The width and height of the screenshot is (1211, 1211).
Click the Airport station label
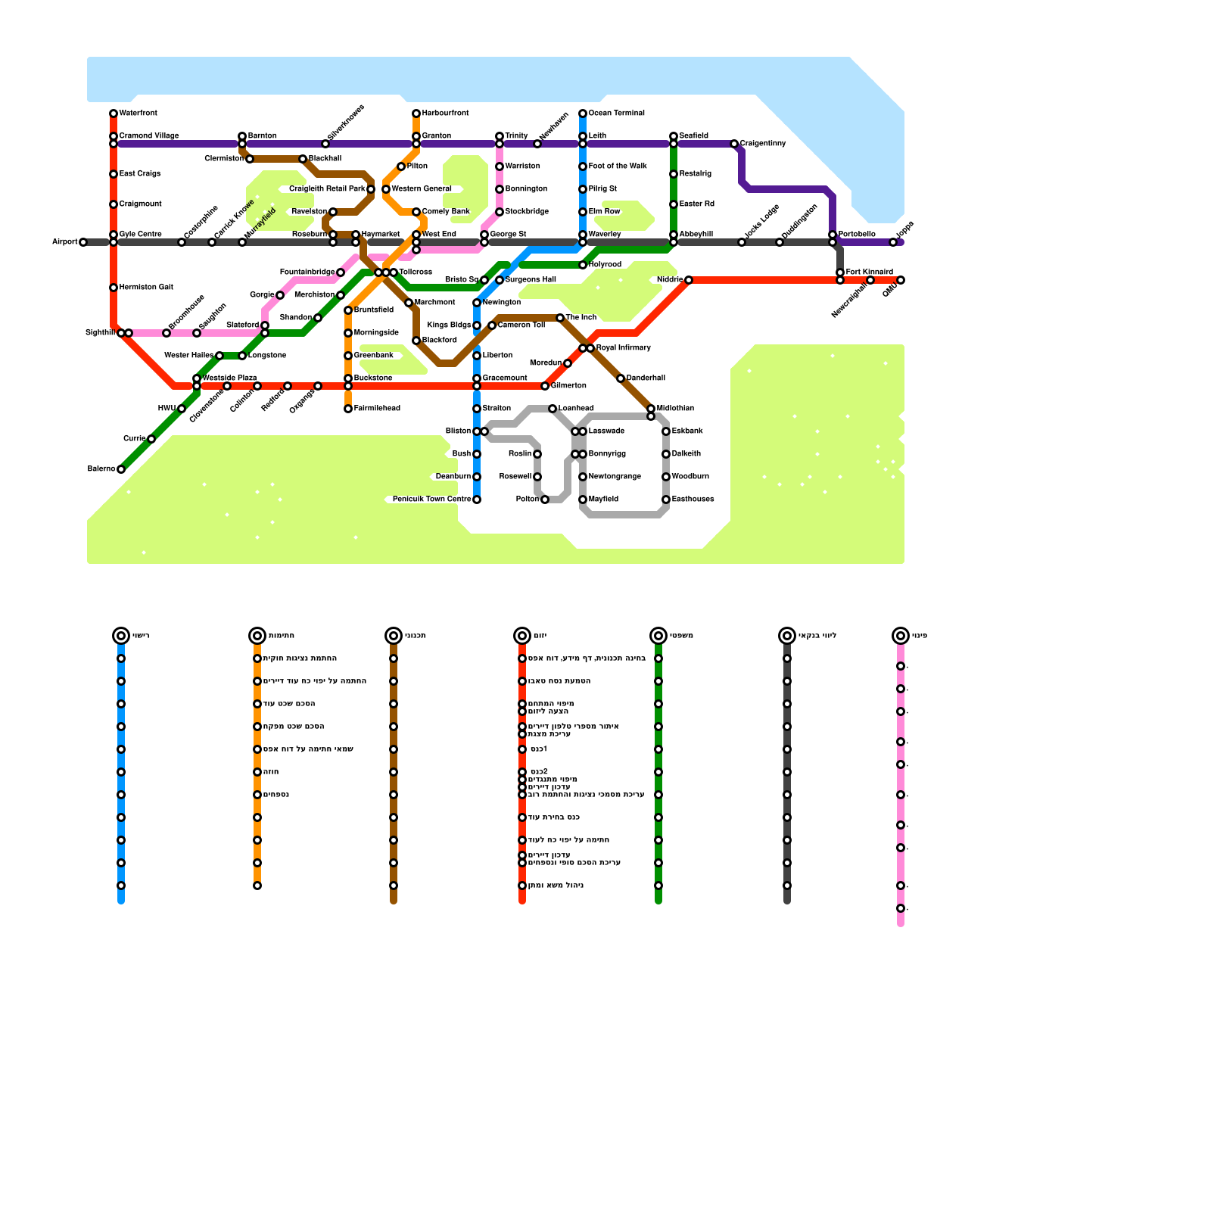pyautogui.click(x=64, y=242)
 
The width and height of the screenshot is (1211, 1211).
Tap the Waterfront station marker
pyautogui.click(x=114, y=114)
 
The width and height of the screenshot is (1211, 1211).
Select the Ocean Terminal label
pyautogui.click(x=616, y=114)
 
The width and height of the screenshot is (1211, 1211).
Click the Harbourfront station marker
pyautogui.click(x=416, y=114)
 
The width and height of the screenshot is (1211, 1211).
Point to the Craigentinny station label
pyautogui.click(x=763, y=144)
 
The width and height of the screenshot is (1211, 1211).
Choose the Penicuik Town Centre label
pyautogui.click(x=432, y=500)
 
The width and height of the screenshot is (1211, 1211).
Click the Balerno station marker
pyautogui.click(x=121, y=469)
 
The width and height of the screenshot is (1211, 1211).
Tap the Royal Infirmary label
pyautogui.click(x=623, y=348)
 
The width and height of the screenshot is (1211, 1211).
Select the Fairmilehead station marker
pyautogui.click(x=348, y=409)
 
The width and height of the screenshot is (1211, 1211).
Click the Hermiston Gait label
pyautogui.click(x=146, y=288)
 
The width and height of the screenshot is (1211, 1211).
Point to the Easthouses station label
pyautogui.click(x=693, y=500)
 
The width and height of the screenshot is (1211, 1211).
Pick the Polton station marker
pyautogui.click(x=545, y=500)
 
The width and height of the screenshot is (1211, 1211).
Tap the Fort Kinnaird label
pyautogui.click(x=869, y=272)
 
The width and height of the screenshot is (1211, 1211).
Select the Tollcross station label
pyautogui.click(x=416, y=272)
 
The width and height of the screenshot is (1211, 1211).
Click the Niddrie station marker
pyautogui.click(x=689, y=280)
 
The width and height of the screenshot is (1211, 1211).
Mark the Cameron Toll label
pyautogui.click(x=521, y=325)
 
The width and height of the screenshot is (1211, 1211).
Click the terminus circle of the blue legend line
pyautogui.click(x=121, y=636)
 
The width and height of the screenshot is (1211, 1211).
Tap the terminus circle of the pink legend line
pyautogui.click(x=901, y=636)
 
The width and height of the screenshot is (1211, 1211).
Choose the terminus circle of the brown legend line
pyautogui.click(x=394, y=636)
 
